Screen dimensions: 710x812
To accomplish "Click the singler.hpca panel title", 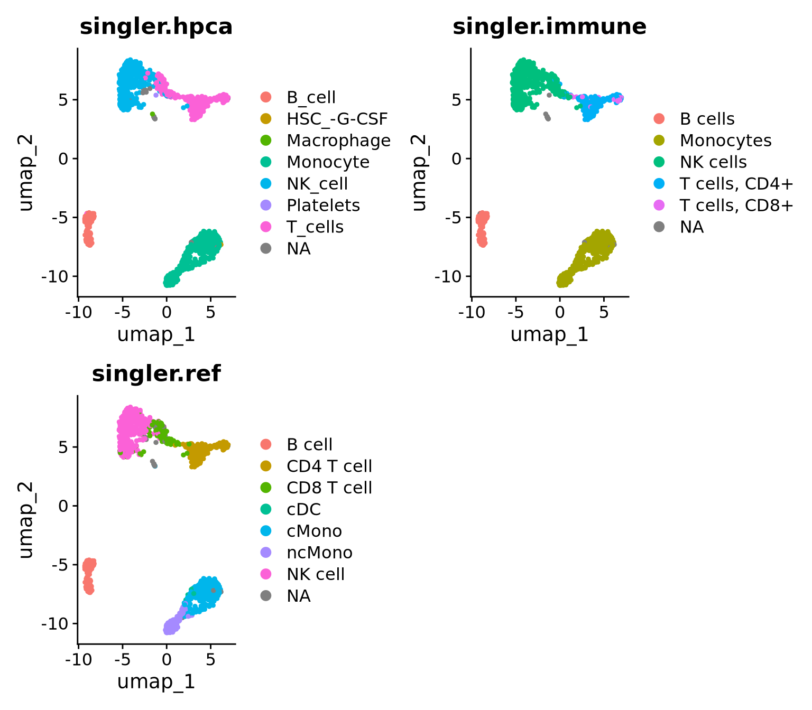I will [156, 26].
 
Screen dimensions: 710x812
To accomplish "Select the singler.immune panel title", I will [549, 26].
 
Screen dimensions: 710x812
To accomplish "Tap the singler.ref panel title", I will [156, 373].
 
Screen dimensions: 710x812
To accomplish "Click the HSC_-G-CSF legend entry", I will [337, 119].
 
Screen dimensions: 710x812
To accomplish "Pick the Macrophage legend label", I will [338, 141].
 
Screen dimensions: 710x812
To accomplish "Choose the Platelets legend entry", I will [323, 205].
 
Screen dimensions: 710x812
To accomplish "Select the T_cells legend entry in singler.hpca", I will [315, 227].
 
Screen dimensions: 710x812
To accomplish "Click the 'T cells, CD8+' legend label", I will [736, 205].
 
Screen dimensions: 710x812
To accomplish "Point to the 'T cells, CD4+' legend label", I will [736, 184].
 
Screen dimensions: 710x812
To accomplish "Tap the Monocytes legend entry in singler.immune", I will [725, 141].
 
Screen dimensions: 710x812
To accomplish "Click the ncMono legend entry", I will [319, 553].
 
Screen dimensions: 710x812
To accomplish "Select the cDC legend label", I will [304, 509].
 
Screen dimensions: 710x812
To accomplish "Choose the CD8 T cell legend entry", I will [329, 488].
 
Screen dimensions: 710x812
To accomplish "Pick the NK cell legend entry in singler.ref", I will [316, 574].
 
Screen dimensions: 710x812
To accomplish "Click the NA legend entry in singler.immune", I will [691, 227].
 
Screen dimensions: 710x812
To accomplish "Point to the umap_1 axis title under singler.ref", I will [156, 682].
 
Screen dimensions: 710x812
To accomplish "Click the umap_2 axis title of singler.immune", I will [418, 173].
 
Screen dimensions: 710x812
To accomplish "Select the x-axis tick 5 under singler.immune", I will [603, 312].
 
